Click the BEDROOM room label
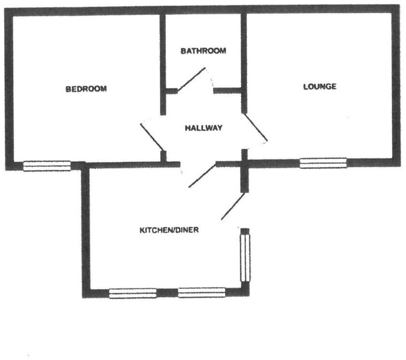[86, 89]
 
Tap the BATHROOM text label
[203, 51]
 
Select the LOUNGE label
[319, 87]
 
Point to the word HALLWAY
[203, 128]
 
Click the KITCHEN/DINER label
[169, 230]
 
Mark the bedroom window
[47, 166]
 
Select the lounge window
[323, 163]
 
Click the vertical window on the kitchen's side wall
[246, 256]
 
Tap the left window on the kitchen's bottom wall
[132, 293]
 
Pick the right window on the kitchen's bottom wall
[202, 293]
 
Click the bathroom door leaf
[191, 80]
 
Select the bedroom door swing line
[152, 137]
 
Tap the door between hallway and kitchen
[202, 176]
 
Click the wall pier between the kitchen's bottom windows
[167, 293]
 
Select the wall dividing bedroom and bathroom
[163, 53]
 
